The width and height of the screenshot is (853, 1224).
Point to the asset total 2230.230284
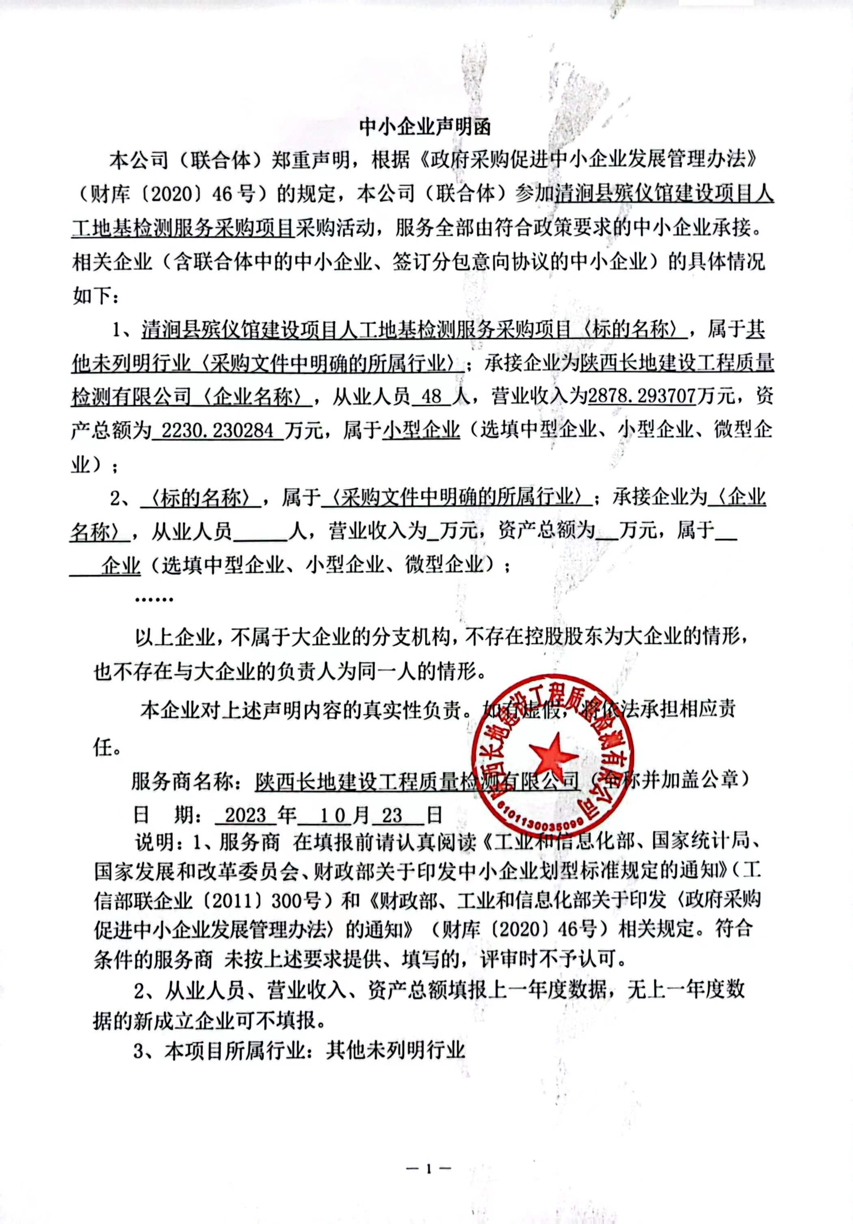(x=217, y=430)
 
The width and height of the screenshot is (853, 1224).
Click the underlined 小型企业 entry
(x=422, y=430)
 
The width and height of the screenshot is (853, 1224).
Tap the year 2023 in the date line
(x=245, y=814)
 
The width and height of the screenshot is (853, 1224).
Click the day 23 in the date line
(x=392, y=814)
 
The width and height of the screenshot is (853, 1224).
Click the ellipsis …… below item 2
(x=155, y=599)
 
